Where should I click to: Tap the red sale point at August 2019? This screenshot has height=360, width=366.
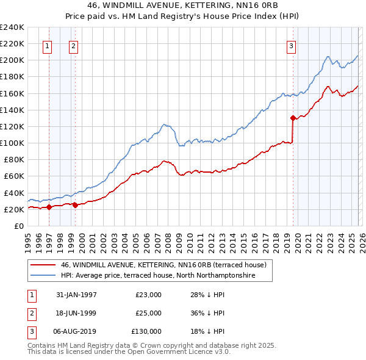click(293, 118)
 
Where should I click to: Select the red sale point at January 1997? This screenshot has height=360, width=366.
click(49, 207)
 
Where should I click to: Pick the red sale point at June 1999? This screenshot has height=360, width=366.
click(75, 205)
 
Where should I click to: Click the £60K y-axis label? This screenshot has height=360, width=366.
click(13, 176)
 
